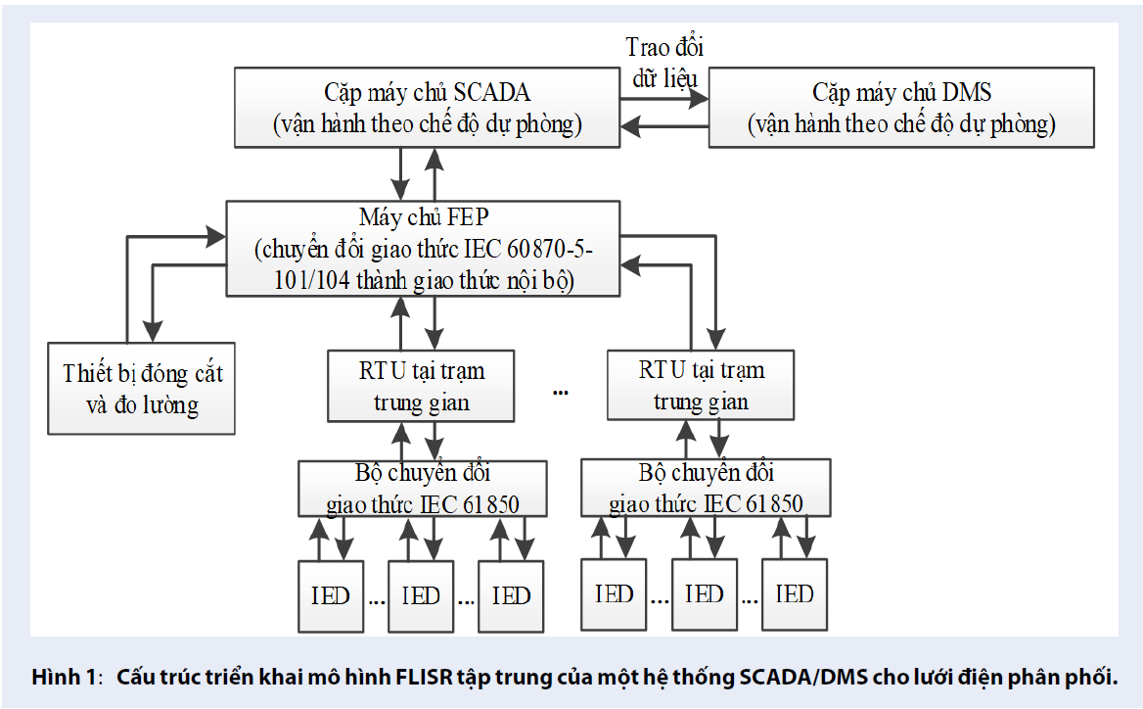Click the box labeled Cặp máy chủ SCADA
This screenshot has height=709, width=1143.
(x=428, y=108)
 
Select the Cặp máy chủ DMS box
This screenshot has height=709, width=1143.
(x=901, y=108)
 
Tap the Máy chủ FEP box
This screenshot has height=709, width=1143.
(x=423, y=248)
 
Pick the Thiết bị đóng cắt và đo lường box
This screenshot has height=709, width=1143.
(x=142, y=388)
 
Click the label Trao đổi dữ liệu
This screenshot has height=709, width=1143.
(x=664, y=61)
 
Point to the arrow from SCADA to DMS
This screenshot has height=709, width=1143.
(x=664, y=99)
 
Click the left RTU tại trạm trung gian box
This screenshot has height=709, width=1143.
(x=421, y=386)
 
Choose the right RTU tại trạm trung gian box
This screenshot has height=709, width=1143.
(x=701, y=385)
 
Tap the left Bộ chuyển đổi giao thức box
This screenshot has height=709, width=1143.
(x=422, y=489)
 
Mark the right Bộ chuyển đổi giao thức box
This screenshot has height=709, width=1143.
(x=705, y=488)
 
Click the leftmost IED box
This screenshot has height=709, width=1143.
(x=331, y=595)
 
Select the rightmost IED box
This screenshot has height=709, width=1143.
(x=794, y=593)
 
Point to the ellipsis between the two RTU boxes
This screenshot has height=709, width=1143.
(x=561, y=392)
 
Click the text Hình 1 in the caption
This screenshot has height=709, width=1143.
(x=66, y=677)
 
